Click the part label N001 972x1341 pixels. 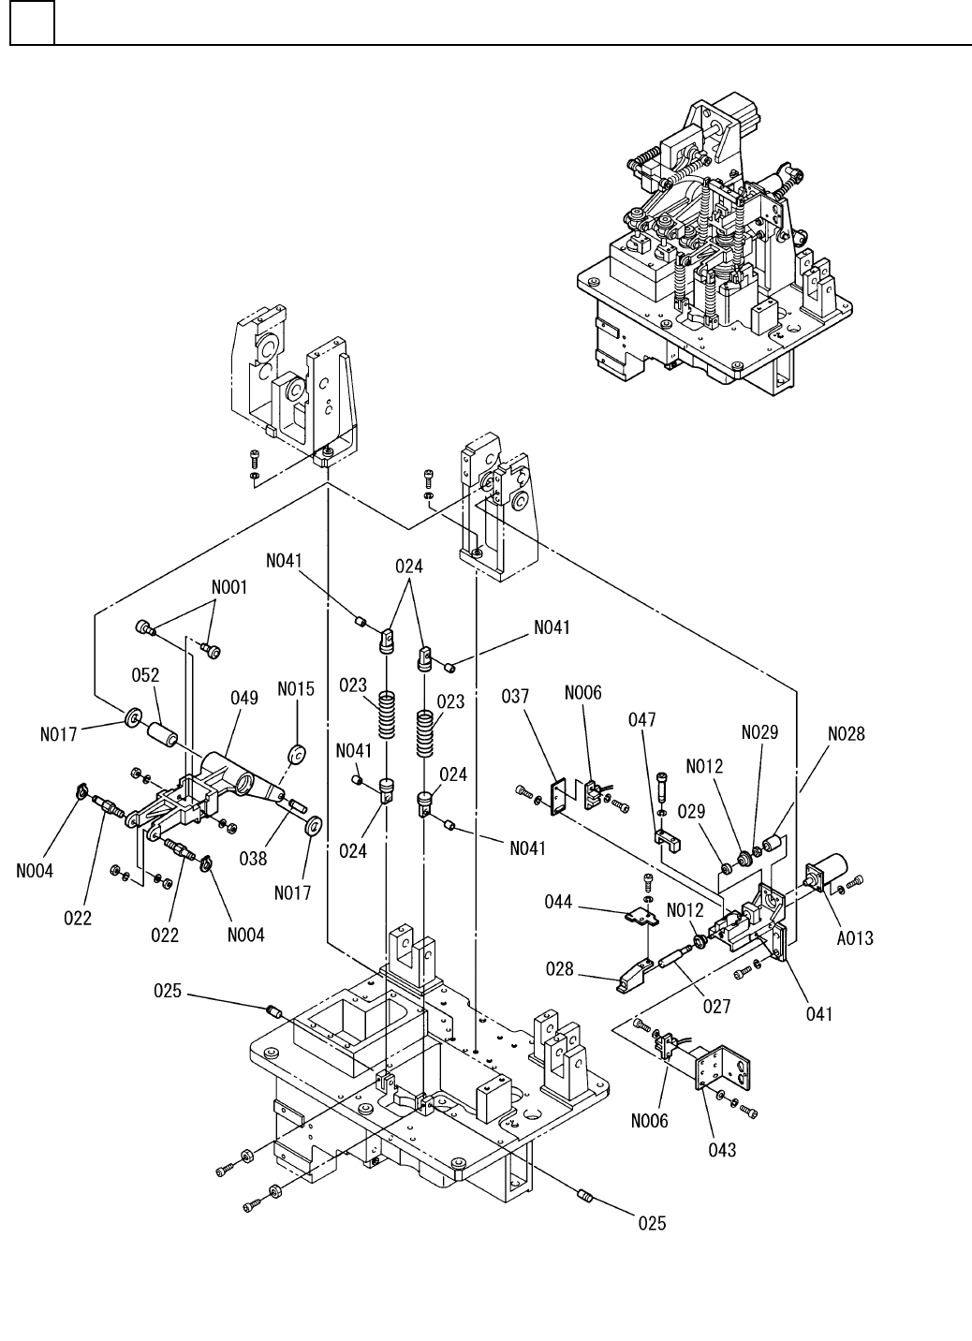(x=229, y=587)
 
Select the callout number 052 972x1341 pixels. (x=145, y=674)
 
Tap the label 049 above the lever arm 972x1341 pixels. (x=244, y=698)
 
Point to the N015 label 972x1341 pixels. (x=296, y=689)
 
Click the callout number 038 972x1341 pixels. (x=253, y=859)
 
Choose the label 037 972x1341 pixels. (x=515, y=696)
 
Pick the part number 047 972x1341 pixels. (x=642, y=719)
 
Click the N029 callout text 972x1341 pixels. (x=760, y=732)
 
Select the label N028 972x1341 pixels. (x=847, y=733)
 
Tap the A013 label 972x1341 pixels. (x=855, y=938)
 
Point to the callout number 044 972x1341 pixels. (x=558, y=902)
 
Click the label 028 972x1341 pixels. (x=560, y=968)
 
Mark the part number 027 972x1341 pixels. (x=717, y=1007)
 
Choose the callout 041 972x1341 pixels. (x=819, y=1013)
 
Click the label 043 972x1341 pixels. (x=722, y=1150)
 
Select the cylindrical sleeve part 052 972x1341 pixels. (x=161, y=733)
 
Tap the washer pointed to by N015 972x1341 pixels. (x=298, y=756)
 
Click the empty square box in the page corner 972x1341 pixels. (x=33, y=22)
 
